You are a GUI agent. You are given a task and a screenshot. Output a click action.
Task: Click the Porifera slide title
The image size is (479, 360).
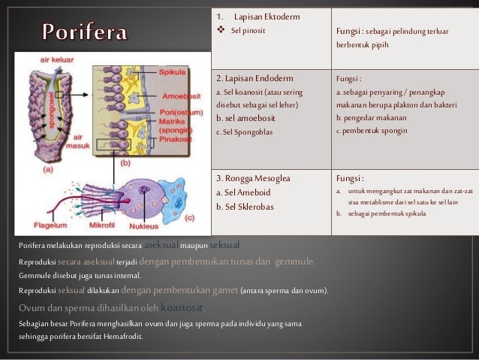(x=84, y=32)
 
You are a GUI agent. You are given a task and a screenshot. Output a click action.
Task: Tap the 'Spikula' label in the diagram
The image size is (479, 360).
(x=176, y=72)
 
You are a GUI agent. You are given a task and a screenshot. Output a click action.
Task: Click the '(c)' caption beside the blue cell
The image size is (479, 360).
(x=189, y=217)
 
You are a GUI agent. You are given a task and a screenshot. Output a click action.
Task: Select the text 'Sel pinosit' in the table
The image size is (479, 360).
(x=248, y=31)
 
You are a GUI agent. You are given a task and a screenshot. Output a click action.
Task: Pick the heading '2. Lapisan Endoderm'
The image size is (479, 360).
(x=255, y=78)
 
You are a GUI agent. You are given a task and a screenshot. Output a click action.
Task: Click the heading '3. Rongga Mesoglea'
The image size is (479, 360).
(x=253, y=179)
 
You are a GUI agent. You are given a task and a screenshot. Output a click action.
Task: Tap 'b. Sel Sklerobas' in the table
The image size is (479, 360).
(x=244, y=206)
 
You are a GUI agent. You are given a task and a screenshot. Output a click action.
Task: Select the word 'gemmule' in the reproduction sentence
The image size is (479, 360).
(x=294, y=262)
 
